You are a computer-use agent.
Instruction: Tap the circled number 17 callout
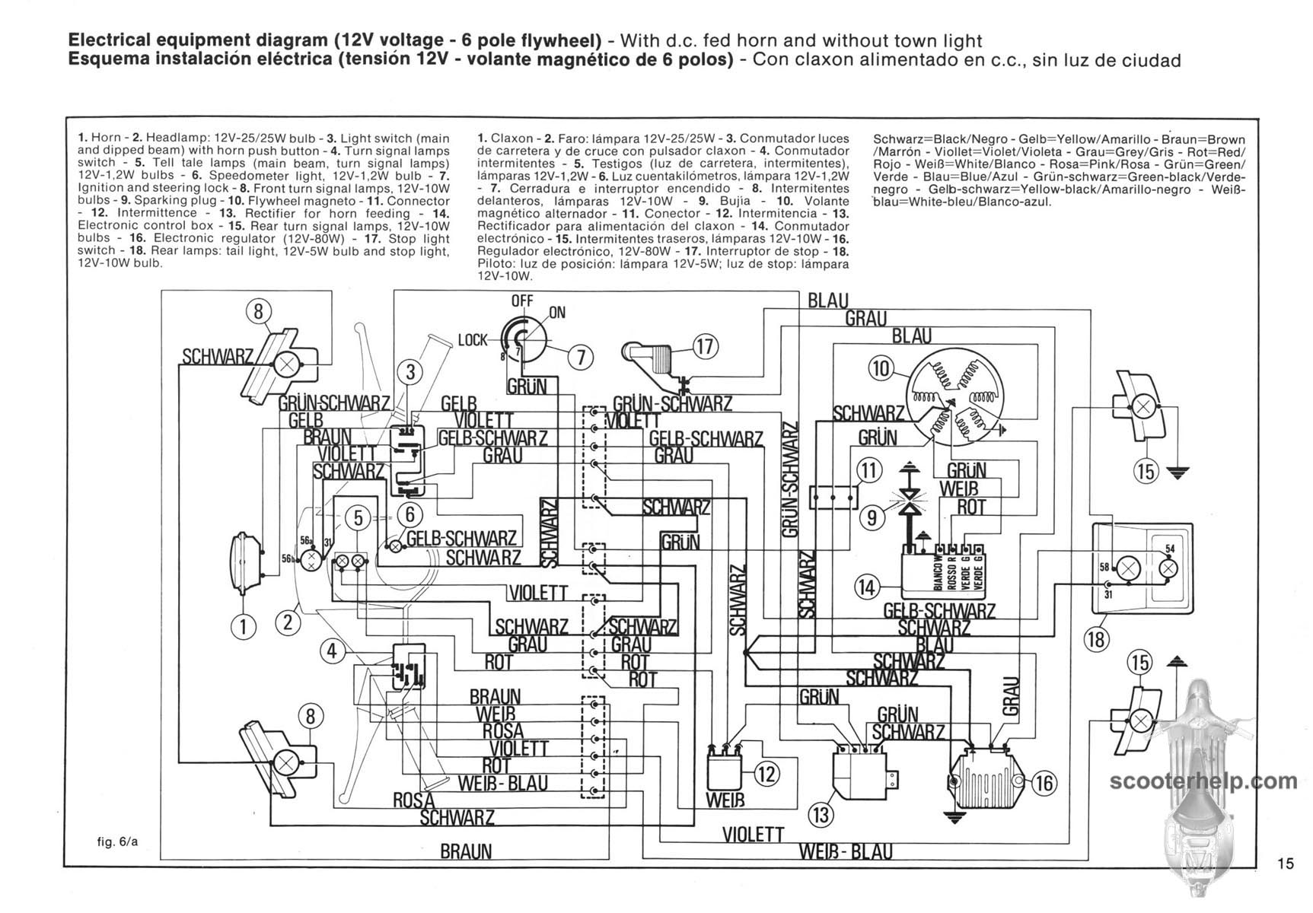pyautogui.click(x=705, y=347)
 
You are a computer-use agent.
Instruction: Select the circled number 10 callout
pyautogui.click(x=881, y=369)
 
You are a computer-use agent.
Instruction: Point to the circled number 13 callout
pyautogui.click(x=821, y=816)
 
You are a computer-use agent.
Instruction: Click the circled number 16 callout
pyautogui.click(x=1044, y=782)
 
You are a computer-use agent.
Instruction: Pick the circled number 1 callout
pyautogui.click(x=244, y=626)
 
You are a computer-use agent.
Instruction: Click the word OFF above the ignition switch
pyautogui.click(x=522, y=301)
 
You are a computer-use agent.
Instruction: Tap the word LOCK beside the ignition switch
pyautogui.click(x=472, y=339)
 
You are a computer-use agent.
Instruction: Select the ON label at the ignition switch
pyautogui.click(x=557, y=313)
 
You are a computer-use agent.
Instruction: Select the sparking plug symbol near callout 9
pyautogui.click(x=907, y=497)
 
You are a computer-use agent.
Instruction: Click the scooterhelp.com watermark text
pyautogui.click(x=1203, y=781)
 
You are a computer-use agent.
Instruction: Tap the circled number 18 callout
pyautogui.click(x=1096, y=639)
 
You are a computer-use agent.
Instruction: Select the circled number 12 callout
pyautogui.click(x=766, y=775)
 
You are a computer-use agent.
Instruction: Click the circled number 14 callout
pyautogui.click(x=866, y=587)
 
